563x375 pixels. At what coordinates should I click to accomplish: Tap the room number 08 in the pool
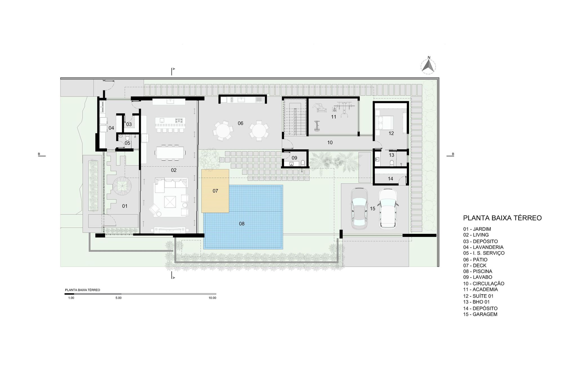(242, 224)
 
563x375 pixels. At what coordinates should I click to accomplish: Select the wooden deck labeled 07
(215, 191)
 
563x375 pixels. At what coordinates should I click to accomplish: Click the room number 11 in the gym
(334, 117)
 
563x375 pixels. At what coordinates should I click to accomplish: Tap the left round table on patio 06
(223, 131)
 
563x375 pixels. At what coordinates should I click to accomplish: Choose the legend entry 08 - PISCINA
(478, 271)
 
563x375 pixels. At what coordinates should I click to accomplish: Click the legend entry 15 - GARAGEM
(480, 314)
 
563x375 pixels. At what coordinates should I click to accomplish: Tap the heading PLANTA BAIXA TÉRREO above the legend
(502, 218)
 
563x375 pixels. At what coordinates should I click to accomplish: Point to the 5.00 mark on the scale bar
(119, 298)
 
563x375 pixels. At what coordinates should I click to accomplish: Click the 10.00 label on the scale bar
(212, 298)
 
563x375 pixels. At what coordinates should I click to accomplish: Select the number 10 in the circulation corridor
(330, 143)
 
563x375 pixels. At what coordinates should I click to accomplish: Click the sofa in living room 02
(170, 183)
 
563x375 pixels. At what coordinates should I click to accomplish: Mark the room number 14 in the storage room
(390, 179)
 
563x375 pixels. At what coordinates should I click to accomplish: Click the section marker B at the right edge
(453, 154)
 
